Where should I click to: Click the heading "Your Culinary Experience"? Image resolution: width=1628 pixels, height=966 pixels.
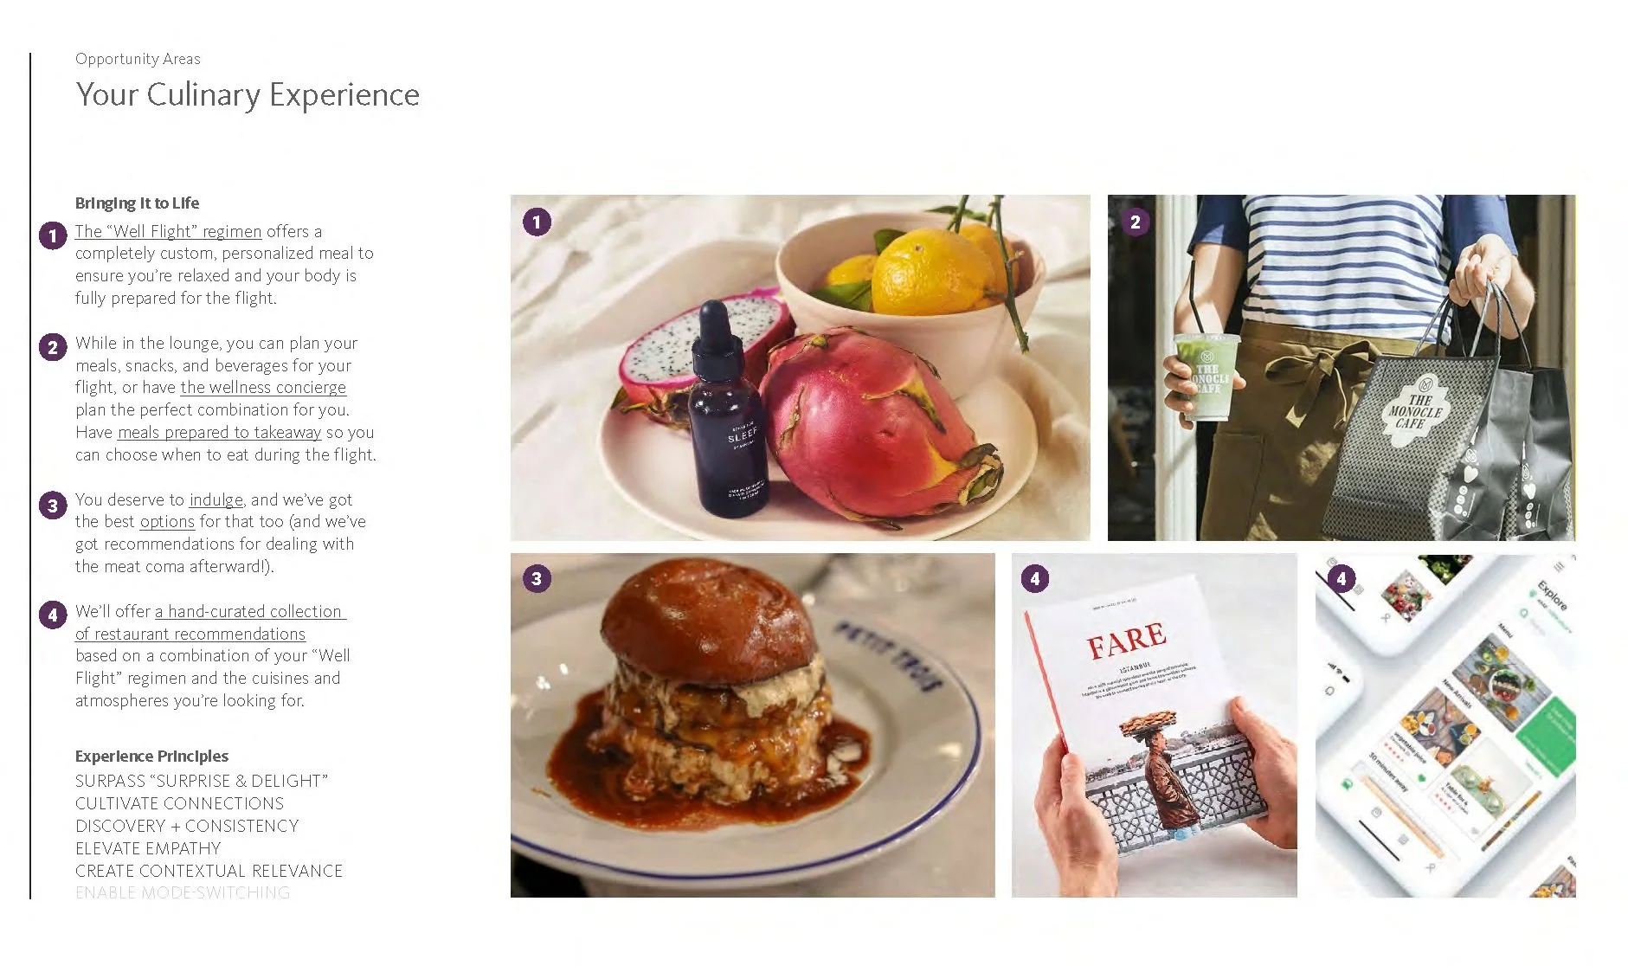click(248, 94)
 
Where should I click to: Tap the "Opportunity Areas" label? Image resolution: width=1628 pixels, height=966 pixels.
click(138, 59)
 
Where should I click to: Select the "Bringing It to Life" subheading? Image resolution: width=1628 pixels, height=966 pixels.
click(137, 203)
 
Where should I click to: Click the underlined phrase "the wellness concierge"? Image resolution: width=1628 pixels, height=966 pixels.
click(263, 388)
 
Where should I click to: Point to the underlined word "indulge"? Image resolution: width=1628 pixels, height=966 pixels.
click(216, 500)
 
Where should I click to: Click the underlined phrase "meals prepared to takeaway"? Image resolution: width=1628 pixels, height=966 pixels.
click(219, 433)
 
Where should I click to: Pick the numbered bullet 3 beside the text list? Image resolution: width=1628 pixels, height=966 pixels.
click(53, 506)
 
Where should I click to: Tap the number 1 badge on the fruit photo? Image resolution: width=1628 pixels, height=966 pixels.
click(537, 222)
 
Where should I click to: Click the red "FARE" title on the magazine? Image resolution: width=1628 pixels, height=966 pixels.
click(1126, 641)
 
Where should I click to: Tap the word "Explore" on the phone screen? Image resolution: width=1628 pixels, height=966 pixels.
click(1552, 596)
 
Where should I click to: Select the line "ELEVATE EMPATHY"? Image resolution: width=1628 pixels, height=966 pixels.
click(148, 849)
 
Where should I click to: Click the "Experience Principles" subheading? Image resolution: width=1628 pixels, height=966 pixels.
click(151, 757)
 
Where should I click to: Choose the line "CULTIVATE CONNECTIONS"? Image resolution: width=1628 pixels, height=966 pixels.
click(179, 804)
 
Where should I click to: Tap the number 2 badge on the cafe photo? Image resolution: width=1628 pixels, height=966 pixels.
click(1135, 222)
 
